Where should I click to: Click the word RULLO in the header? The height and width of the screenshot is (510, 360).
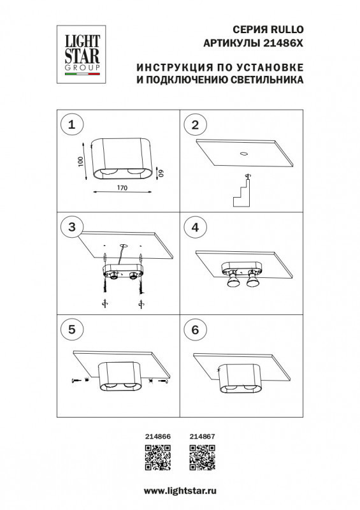[x=288, y=29]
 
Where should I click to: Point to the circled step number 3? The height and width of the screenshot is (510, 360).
[x=72, y=227]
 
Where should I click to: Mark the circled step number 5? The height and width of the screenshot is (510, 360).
[x=72, y=329]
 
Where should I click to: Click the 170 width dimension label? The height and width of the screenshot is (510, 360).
[x=123, y=188]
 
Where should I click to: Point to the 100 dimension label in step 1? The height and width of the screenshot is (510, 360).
[x=80, y=162]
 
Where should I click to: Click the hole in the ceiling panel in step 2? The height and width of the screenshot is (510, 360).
[x=243, y=153]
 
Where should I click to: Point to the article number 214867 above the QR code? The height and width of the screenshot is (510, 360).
[x=203, y=435]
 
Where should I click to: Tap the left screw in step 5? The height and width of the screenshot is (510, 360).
[x=77, y=381]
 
